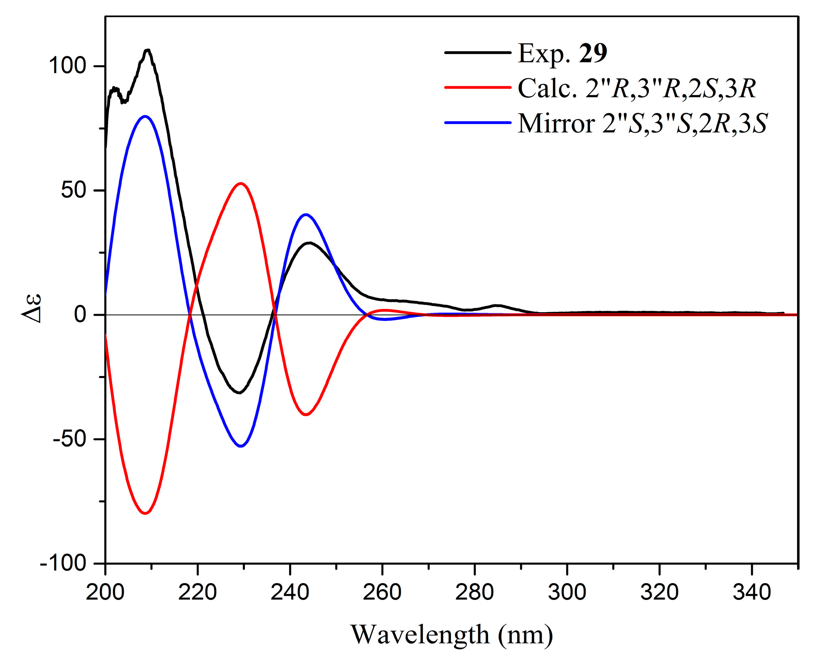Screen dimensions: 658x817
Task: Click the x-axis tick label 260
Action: (x=382, y=593)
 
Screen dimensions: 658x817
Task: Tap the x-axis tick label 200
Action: (x=105, y=593)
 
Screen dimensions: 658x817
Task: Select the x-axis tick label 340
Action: (x=752, y=593)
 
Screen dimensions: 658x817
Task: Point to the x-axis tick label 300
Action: (x=567, y=593)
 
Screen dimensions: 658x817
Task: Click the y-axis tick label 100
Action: (x=67, y=65)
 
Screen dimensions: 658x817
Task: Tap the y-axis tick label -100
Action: (x=63, y=563)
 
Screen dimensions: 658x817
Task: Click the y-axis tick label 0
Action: (x=80, y=315)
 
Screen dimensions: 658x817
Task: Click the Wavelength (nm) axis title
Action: (x=452, y=634)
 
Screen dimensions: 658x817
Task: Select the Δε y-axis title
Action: (x=32, y=308)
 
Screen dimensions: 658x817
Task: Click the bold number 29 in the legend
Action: (x=593, y=53)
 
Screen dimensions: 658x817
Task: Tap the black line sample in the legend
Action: (x=478, y=52)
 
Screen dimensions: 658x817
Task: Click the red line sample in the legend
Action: (x=478, y=87)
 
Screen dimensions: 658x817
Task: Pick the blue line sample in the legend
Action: (x=478, y=122)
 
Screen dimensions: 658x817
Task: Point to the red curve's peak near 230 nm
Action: (x=241, y=183)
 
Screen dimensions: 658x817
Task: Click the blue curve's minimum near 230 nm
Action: (x=241, y=446)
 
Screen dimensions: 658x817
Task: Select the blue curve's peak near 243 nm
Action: (x=306, y=215)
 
